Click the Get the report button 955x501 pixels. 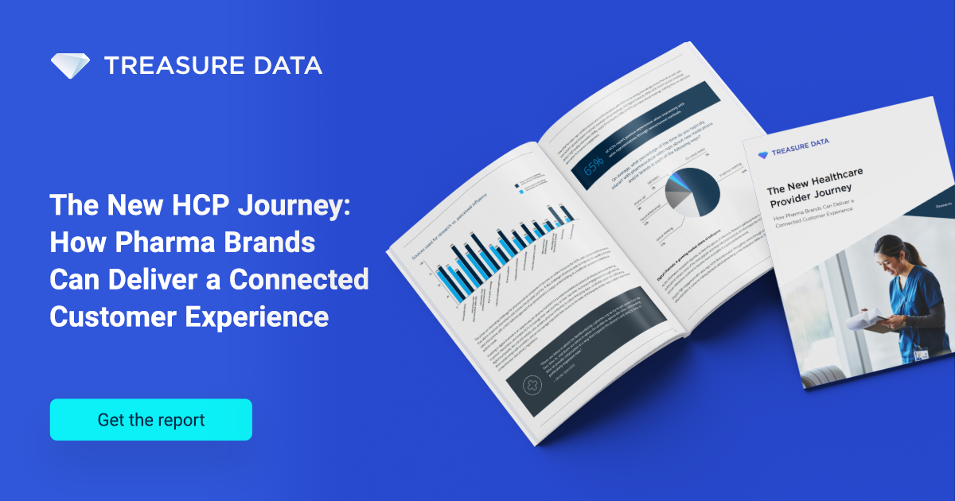click(150, 420)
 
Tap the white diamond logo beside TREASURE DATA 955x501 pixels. click(70, 65)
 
